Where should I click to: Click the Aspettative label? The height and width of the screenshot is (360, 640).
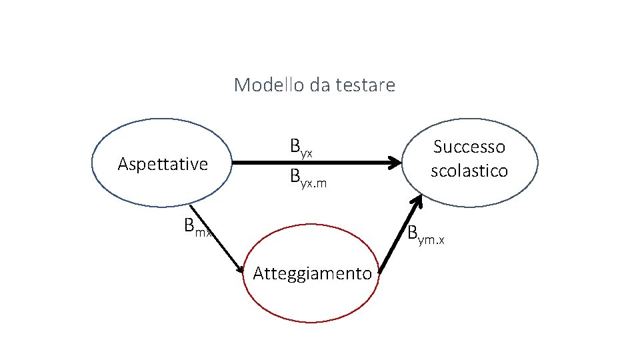[x=163, y=164]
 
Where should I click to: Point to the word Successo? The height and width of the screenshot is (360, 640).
[x=469, y=146]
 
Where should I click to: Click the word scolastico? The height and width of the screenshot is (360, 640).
[x=469, y=171]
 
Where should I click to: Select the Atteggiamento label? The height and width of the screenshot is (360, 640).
[x=312, y=273]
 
